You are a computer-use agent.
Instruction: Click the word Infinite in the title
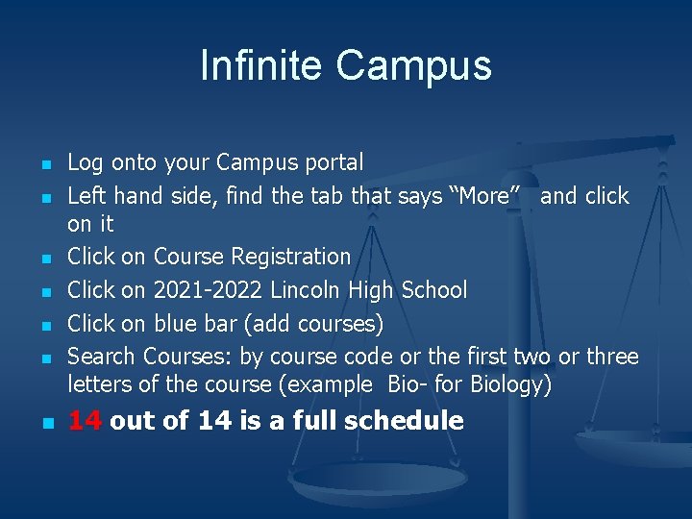[260, 65]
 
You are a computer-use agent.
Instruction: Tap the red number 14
[85, 420]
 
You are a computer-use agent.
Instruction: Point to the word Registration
[291, 257]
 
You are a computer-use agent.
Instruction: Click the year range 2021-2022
[208, 290]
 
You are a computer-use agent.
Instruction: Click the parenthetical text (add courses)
[313, 324]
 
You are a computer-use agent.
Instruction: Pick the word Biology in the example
[510, 384]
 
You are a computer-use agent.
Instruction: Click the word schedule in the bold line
[404, 420]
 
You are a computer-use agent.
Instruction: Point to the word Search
[101, 357]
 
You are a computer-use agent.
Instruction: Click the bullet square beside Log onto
[46, 165]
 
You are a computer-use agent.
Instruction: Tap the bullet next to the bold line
[48, 423]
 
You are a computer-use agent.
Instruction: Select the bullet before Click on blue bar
[46, 326]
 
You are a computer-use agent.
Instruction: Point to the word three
[612, 357]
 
